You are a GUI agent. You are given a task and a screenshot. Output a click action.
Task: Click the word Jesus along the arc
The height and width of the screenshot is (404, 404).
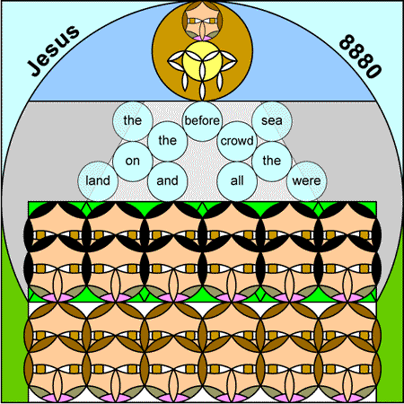tap(53, 50)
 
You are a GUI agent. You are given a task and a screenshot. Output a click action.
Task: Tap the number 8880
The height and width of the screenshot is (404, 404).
tap(360, 57)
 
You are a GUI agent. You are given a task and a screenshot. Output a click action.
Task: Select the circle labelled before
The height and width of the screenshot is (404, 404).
tap(202, 121)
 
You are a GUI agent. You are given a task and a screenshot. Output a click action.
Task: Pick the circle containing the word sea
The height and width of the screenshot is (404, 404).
tap(272, 121)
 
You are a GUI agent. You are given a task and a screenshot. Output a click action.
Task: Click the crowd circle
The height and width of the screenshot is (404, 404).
tap(237, 141)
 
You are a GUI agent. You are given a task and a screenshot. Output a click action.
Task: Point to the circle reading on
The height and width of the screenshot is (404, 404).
tap(133, 161)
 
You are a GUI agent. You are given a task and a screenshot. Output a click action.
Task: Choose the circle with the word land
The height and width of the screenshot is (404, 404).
tap(98, 180)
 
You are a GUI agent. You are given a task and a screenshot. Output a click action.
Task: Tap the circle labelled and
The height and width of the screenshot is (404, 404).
tap(167, 180)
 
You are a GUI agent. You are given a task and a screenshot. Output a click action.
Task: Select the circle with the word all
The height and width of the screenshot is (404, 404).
tap(237, 180)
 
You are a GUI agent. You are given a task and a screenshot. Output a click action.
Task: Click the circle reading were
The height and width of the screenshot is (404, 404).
tap(306, 180)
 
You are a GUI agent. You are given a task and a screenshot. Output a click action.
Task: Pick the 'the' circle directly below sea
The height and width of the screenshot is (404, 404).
tap(272, 161)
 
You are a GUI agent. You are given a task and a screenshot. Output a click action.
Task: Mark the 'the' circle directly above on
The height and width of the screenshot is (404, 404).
tap(133, 121)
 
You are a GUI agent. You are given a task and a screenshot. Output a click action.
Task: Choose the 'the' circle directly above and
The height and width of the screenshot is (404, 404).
tap(167, 141)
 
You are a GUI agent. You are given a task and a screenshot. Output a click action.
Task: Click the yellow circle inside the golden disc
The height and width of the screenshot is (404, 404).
tap(202, 61)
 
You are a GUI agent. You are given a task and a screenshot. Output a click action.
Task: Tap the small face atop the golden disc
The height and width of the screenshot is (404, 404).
tap(202, 21)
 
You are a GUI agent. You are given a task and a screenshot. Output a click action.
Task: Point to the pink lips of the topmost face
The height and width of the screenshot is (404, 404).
tap(202, 39)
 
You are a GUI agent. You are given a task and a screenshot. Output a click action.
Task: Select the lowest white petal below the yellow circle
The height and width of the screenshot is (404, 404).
tap(202, 91)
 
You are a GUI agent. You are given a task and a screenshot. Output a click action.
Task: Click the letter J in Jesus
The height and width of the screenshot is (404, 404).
tap(34, 68)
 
